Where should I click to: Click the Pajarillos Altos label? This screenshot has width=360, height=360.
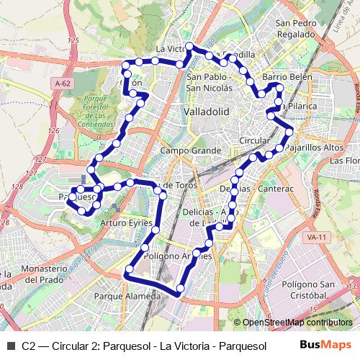coord(314,147)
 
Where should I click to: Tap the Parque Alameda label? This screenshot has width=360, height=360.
coord(127,296)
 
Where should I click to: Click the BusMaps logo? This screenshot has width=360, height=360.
coord(325,344)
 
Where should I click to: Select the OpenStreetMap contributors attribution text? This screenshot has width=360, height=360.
coord(297,323)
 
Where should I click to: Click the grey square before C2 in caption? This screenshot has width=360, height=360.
coord(11,345)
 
